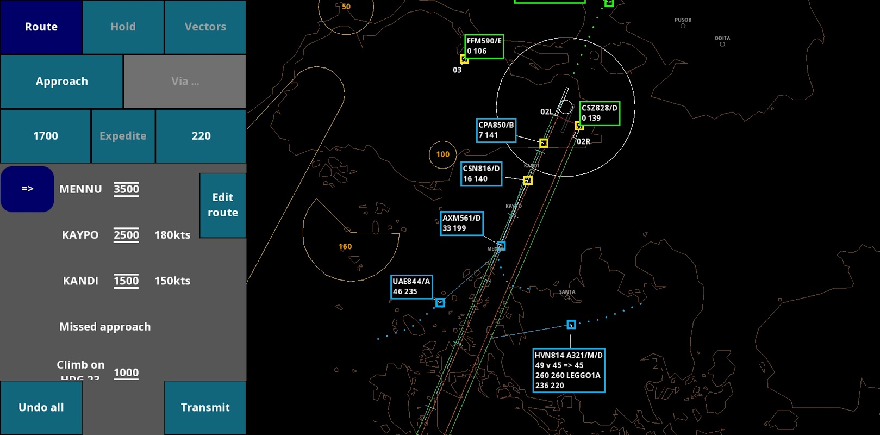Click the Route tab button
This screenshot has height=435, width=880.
(x=41, y=27)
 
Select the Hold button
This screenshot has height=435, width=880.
(x=123, y=27)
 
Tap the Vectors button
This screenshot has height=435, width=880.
(x=205, y=27)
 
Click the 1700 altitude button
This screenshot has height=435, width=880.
(x=46, y=136)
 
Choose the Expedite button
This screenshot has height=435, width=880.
(x=123, y=136)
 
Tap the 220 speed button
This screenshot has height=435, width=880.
(x=201, y=136)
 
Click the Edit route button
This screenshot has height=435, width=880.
(x=223, y=205)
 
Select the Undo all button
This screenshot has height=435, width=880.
(x=41, y=407)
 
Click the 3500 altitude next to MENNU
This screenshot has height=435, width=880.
(x=126, y=189)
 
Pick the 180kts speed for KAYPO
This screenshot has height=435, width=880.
(x=172, y=235)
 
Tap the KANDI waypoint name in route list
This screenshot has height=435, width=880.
(x=80, y=281)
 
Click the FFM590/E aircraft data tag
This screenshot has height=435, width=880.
(x=484, y=46)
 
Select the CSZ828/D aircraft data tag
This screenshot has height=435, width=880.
(x=600, y=113)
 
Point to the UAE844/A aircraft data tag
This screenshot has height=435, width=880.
(x=411, y=287)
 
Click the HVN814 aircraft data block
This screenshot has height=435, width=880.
(x=569, y=370)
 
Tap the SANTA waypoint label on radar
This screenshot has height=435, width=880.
(x=567, y=292)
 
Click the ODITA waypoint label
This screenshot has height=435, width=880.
(x=722, y=39)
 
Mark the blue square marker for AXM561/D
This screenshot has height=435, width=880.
(x=501, y=246)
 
